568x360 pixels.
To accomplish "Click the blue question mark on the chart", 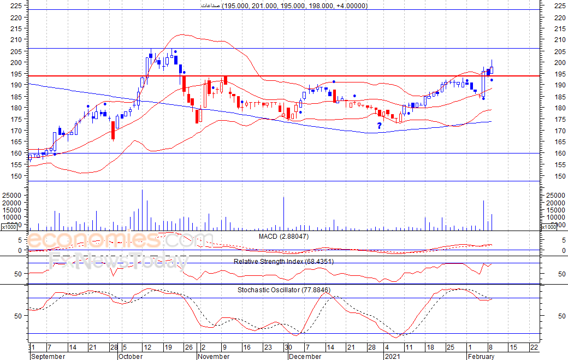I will click(379, 126).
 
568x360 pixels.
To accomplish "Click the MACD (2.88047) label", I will click(283, 236).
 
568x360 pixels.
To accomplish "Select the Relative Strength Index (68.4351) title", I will click(283, 261).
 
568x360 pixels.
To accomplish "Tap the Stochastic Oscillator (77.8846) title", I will click(283, 290).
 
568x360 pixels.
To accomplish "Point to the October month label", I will click(131, 356).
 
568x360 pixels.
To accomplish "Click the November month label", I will click(214, 356).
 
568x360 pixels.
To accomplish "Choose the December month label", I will click(305, 356).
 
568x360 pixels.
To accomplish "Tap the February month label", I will click(481, 356).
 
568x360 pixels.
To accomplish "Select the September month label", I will click(48, 356).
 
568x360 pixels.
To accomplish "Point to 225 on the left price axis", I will click(16, 5).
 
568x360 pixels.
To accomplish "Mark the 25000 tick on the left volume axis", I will click(12, 195).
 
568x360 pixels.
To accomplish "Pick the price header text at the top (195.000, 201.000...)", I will click(283, 5).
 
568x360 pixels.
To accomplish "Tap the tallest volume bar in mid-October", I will click(142, 210).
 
